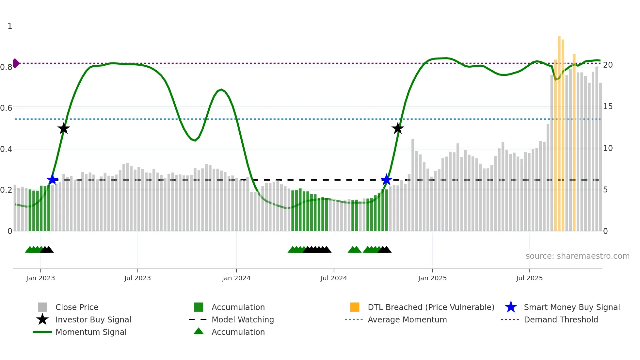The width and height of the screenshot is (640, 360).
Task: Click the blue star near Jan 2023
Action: (52, 180)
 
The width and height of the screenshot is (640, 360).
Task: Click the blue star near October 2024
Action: (386, 180)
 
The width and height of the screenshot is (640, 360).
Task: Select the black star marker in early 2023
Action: (64, 129)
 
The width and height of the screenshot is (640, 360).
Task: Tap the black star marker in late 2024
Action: (398, 129)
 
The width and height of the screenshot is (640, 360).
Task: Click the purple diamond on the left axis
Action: (16, 63)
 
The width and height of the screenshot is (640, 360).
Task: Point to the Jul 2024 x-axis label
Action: (334, 278)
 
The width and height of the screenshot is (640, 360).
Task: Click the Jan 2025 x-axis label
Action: (432, 278)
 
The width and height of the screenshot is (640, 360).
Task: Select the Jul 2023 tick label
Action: (137, 278)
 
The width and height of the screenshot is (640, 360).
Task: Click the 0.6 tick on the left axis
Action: (7, 108)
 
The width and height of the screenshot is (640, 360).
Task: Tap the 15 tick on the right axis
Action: (608, 106)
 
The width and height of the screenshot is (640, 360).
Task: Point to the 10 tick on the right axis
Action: (608, 148)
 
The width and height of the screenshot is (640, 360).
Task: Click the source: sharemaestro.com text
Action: (577, 256)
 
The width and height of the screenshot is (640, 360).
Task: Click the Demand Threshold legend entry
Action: (561, 320)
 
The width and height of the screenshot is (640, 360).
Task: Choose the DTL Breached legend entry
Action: (431, 307)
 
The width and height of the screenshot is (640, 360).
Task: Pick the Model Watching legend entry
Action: (243, 320)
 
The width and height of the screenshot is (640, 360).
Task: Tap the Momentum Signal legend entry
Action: (91, 332)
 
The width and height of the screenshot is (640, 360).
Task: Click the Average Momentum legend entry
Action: (407, 320)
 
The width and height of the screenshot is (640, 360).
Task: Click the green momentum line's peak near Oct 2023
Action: (221, 90)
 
